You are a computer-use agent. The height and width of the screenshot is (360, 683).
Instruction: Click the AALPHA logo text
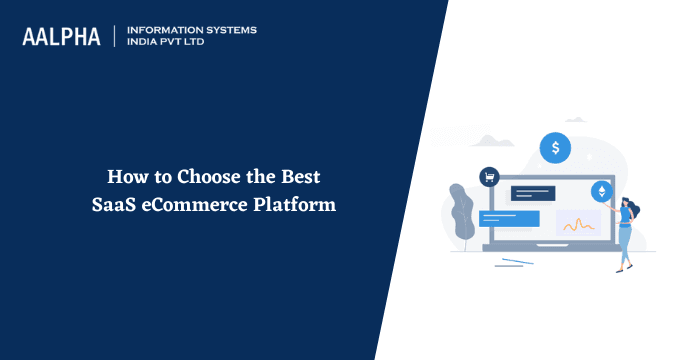tap(63, 36)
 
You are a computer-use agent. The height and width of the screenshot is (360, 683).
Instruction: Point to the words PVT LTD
tap(196, 43)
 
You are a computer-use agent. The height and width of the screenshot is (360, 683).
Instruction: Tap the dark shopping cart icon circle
tap(490, 177)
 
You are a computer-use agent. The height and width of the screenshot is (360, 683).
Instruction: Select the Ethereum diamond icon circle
tap(602, 190)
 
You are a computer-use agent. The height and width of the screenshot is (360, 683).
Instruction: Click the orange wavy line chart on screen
tap(578, 224)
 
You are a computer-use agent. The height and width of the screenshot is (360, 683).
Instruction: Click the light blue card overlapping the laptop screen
tap(509, 218)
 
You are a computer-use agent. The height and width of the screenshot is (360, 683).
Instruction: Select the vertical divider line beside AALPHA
tap(116, 36)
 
